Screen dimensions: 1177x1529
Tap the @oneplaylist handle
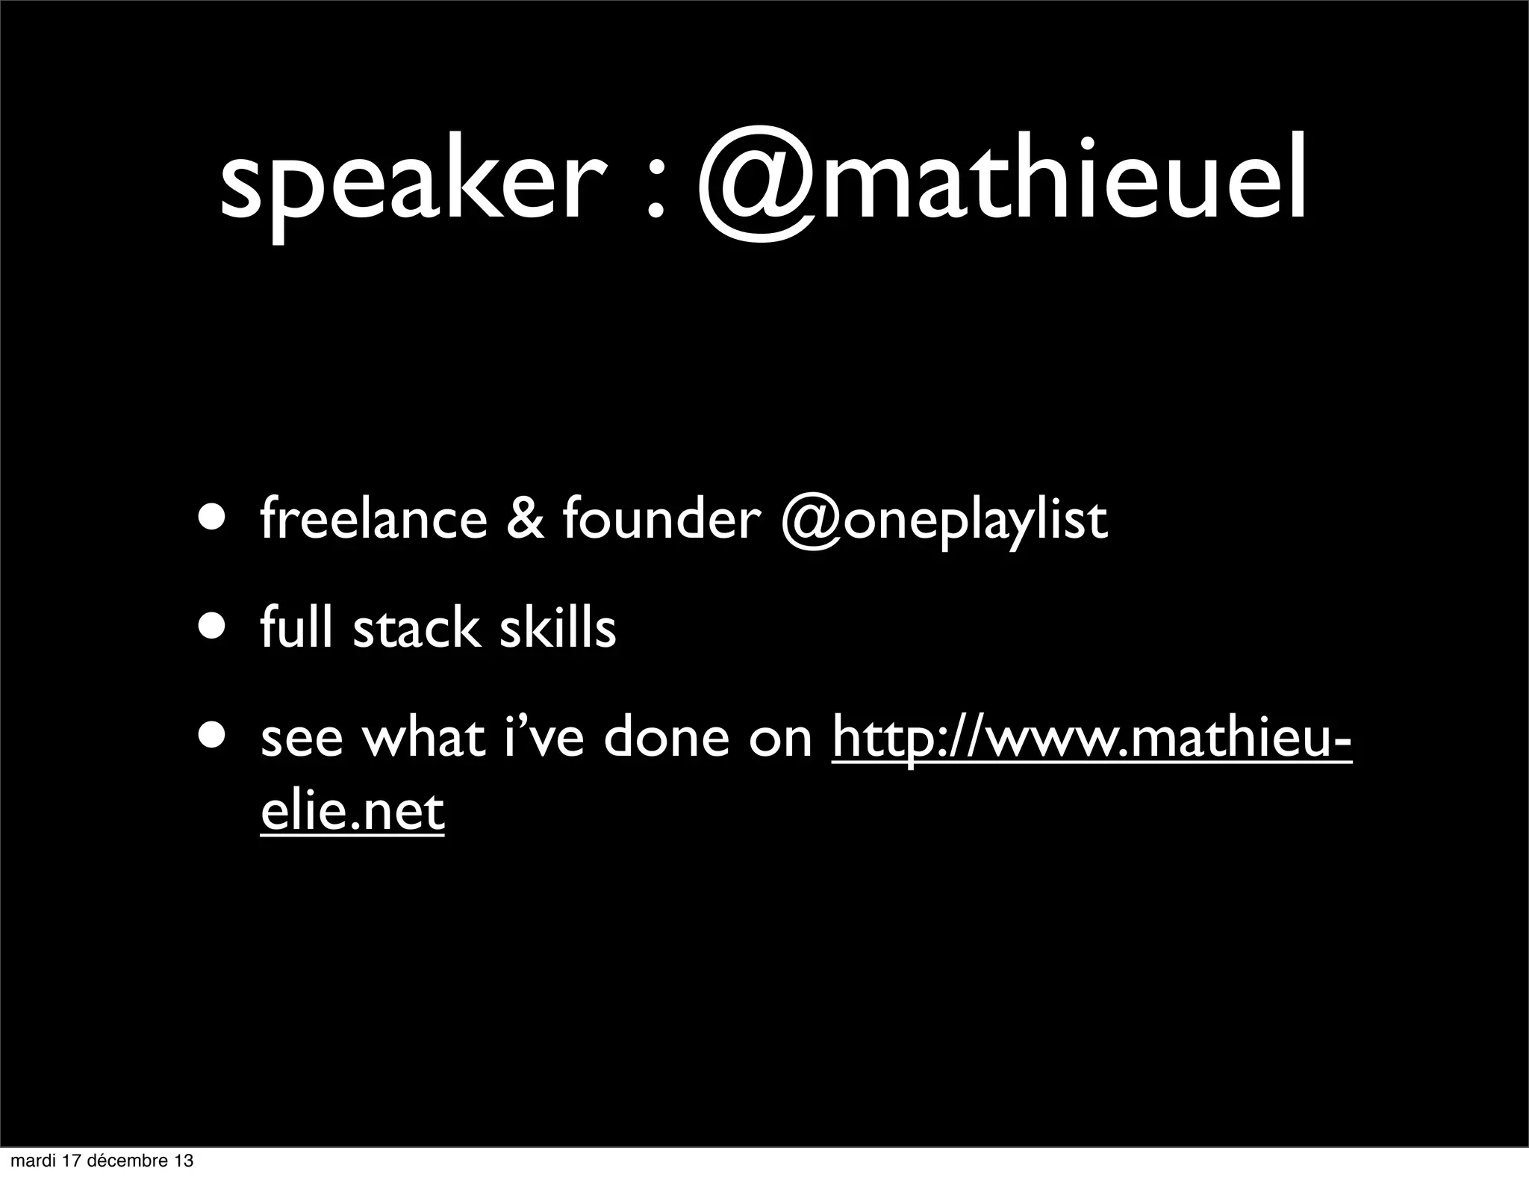[944, 521]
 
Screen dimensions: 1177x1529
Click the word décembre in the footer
[126, 1161]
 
